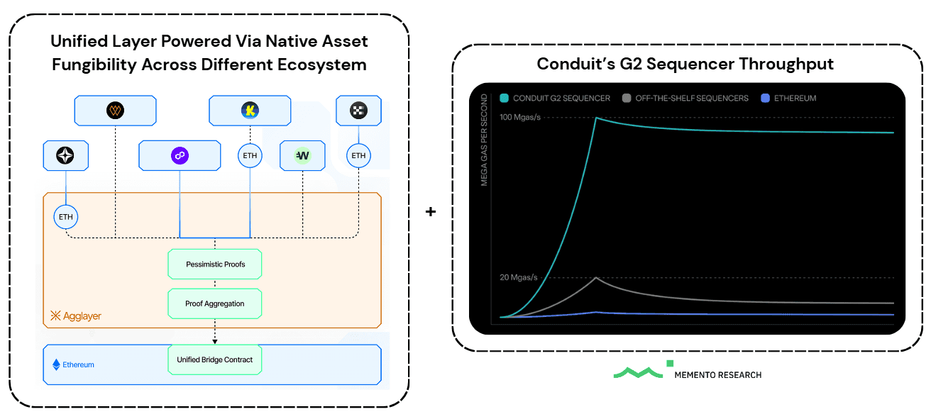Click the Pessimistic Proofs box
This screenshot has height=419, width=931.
[x=215, y=264]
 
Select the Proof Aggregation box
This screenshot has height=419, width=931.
[x=215, y=303]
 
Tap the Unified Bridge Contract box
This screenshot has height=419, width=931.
[x=215, y=360]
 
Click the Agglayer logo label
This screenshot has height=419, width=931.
[x=76, y=316]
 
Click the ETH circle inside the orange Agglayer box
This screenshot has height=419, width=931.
[x=66, y=216]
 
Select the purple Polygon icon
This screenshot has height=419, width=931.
[x=179, y=155]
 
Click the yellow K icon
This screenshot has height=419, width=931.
[x=250, y=111]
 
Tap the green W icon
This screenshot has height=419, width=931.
[x=303, y=155]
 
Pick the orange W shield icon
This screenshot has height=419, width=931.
[x=115, y=111]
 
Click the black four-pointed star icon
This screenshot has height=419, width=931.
[x=66, y=155]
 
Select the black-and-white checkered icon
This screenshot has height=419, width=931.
[x=358, y=111]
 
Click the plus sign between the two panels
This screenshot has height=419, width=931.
[x=430, y=211]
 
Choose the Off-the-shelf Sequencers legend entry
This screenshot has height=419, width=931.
[x=685, y=99]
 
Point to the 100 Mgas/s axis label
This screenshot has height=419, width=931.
[x=520, y=117]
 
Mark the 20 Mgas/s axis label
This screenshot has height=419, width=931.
[x=519, y=277]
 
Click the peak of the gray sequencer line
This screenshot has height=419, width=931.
[x=597, y=278]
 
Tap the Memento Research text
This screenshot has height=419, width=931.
[x=717, y=374]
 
